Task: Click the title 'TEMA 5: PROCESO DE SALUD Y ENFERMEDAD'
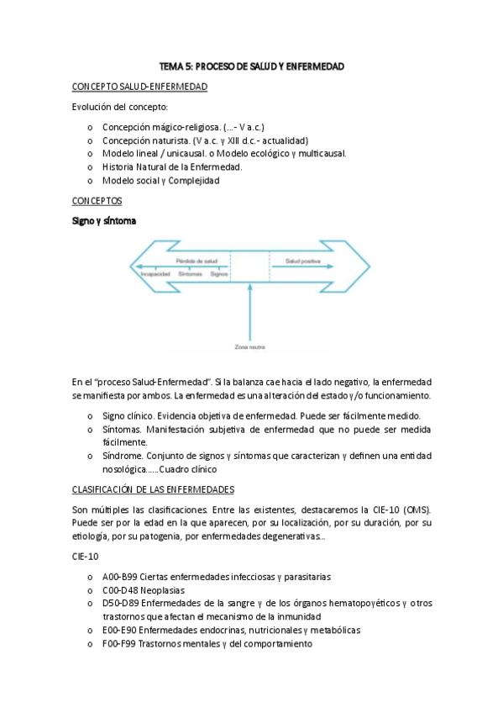click(x=252, y=66)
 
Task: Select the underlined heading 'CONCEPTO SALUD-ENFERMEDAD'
click(x=140, y=87)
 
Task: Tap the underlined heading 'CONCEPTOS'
click(x=97, y=201)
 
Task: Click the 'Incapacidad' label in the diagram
click(x=155, y=273)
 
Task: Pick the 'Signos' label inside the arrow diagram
click(x=220, y=273)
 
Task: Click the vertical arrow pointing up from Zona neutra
click(x=249, y=311)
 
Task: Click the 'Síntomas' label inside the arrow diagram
click(x=191, y=273)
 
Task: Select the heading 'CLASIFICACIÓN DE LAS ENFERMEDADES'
click(x=153, y=489)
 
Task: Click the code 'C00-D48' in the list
click(x=121, y=590)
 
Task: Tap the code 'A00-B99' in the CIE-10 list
click(x=120, y=577)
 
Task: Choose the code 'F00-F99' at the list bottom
click(x=119, y=643)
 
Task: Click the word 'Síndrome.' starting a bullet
click(x=124, y=456)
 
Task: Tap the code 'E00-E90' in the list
click(x=119, y=630)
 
